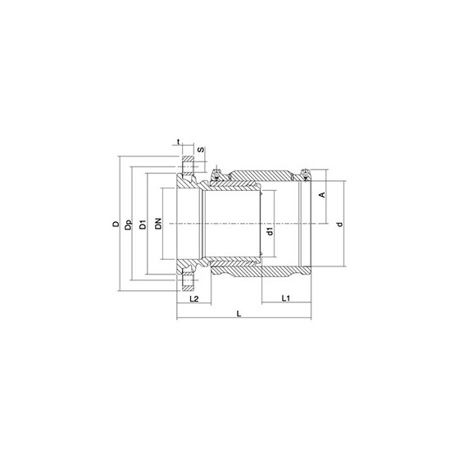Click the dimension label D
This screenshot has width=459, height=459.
pos(116,224)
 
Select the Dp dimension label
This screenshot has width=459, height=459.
pos(128,225)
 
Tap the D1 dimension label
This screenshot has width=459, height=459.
pos(143,225)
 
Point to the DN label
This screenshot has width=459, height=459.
pos(158,224)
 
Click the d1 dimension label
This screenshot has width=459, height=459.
pos(270,231)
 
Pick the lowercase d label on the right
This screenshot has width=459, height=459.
pos(339,225)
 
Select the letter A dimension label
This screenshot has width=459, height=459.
pos(322,195)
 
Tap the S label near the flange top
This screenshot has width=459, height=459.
pos(201,149)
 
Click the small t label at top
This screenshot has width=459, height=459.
pos(179,142)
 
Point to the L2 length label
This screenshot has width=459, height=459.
pos(194,298)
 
